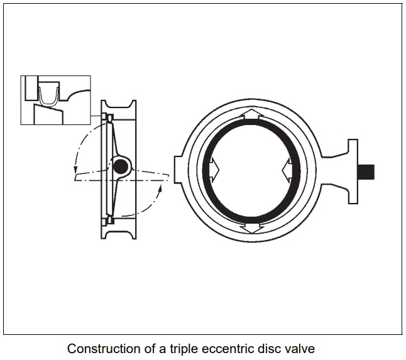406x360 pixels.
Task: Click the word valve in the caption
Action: tap(298, 347)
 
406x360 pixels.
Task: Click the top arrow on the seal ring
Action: tap(250, 114)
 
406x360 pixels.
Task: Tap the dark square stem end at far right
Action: tap(366, 170)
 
